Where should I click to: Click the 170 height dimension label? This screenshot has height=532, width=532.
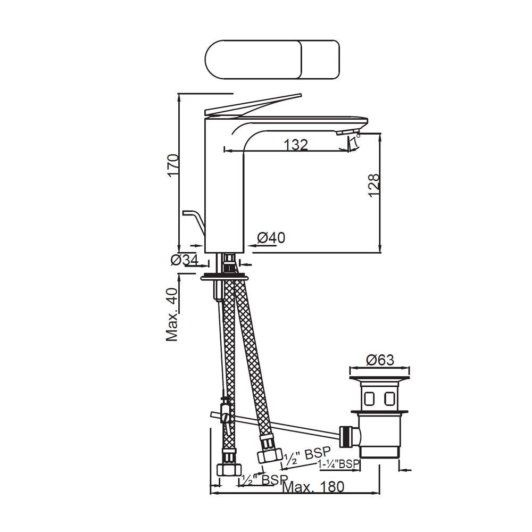click(172, 167)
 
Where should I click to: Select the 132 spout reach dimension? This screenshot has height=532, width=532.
click(295, 144)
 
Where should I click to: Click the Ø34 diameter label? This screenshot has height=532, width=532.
click(184, 260)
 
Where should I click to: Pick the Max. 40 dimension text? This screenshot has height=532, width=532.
click(172, 314)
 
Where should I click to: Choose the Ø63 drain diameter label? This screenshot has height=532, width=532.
click(380, 360)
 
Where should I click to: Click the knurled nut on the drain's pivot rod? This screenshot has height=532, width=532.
click(346, 435)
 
